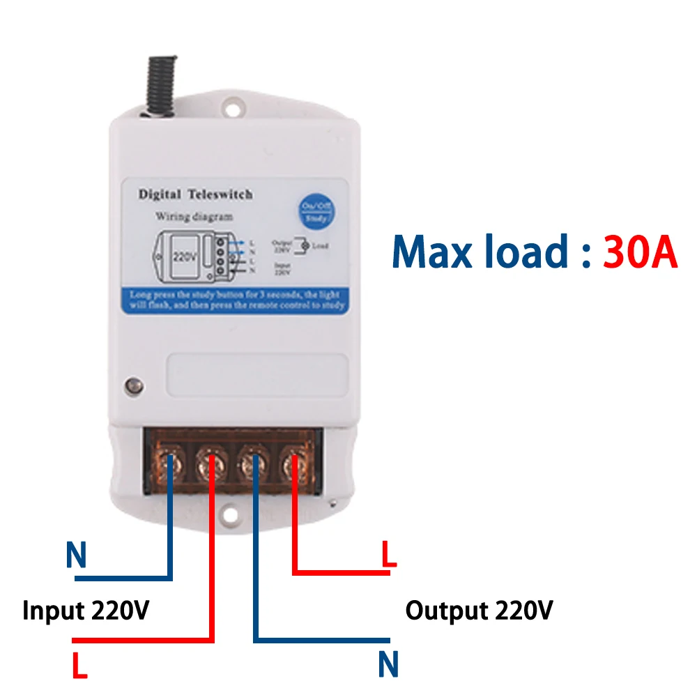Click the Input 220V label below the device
tap(86, 611)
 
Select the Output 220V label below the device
tap(480, 611)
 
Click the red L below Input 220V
tap(80, 666)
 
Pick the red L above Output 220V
tap(388, 556)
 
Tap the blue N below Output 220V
tap(388, 664)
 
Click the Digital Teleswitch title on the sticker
tap(195, 194)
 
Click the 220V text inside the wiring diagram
tap(183, 255)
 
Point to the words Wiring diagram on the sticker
tap(194, 217)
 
